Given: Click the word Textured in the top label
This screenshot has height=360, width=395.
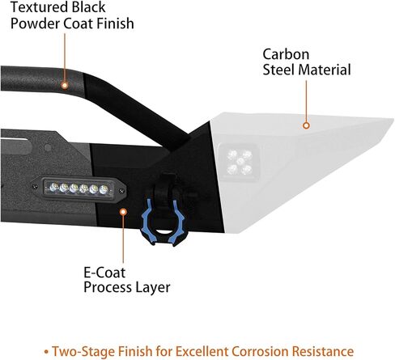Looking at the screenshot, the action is click(x=40, y=7).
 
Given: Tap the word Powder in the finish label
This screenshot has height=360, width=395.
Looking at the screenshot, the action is click(x=36, y=23).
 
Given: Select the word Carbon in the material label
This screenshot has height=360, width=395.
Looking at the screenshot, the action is click(x=286, y=54).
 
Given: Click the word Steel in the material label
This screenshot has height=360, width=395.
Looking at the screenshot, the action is click(x=279, y=70).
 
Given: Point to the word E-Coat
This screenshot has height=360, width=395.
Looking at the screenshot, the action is click(x=104, y=273).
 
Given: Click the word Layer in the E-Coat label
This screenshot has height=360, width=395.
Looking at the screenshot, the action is click(x=153, y=288).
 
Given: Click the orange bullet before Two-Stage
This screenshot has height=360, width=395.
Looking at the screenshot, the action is click(x=47, y=352).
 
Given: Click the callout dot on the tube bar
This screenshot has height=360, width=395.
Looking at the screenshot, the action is click(x=65, y=86).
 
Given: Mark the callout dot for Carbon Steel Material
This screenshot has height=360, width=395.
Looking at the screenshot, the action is click(x=306, y=125).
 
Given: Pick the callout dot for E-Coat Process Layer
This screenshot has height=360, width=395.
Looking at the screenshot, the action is click(x=123, y=212).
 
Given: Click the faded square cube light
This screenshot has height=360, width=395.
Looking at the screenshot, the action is click(x=240, y=162).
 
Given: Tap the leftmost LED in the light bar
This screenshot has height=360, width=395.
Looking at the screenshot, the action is click(x=53, y=187).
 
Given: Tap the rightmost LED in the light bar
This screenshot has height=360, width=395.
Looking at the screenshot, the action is click(x=104, y=189).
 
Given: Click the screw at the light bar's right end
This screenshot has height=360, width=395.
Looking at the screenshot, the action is click(x=121, y=191).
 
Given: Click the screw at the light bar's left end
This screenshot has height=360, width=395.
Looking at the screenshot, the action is click(x=35, y=186).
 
